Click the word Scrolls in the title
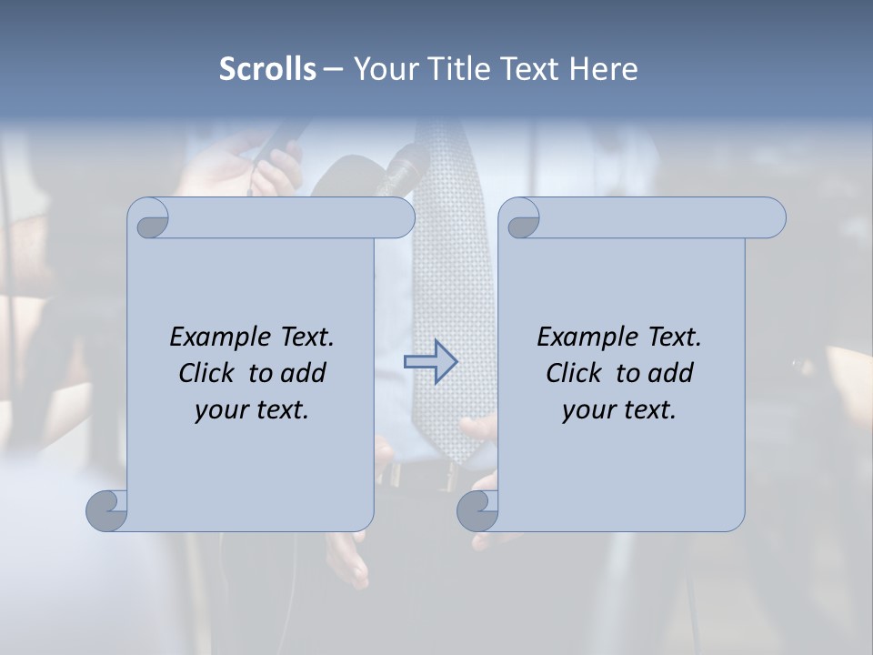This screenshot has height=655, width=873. [267, 68]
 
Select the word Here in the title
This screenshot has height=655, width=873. [604, 68]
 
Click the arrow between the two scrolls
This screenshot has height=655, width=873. [430, 362]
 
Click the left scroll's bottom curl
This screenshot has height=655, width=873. [107, 510]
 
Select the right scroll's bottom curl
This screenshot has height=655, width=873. [477, 510]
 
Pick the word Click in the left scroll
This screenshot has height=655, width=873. [210, 373]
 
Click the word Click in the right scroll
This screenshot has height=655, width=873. [577, 373]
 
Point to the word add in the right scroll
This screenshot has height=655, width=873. [671, 373]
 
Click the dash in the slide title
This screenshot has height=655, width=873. [333, 68]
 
